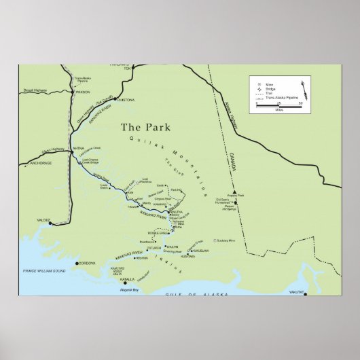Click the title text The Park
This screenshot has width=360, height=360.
coord(145,127)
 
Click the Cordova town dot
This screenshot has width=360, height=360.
coord(76,263)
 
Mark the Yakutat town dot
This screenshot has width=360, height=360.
coord(306,293)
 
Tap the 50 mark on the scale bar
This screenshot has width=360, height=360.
coord(300,104)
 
